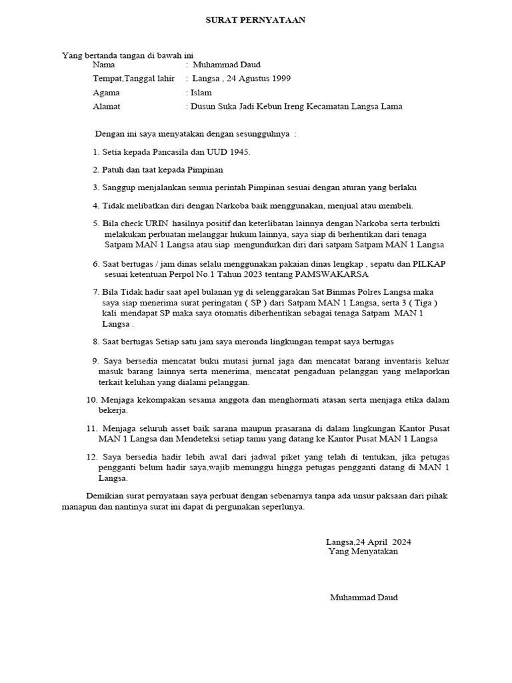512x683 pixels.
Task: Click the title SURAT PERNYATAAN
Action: coord(255,20)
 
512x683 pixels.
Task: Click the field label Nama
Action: coord(103,65)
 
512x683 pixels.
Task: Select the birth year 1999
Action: coord(280,79)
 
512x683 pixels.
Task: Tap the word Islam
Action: coord(201,93)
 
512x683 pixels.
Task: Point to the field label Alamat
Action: coord(107,106)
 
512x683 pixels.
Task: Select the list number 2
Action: coord(95,169)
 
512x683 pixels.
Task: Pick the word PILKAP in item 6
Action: coord(431,263)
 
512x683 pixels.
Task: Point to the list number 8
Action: coord(95,341)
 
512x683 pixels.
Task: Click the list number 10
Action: coord(92,400)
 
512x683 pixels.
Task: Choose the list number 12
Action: coord(92,457)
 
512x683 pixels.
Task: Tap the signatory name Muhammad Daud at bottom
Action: coord(363,597)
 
